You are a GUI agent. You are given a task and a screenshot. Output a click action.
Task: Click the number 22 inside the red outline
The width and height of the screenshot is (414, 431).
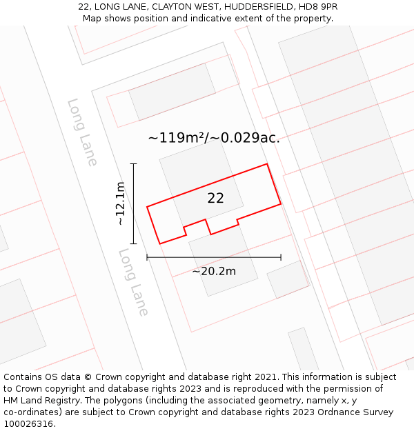click(x=215, y=198)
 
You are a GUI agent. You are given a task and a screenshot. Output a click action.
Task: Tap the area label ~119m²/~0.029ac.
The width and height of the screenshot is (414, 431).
click(x=214, y=138)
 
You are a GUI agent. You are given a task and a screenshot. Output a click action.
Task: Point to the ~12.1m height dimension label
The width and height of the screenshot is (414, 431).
click(x=121, y=203)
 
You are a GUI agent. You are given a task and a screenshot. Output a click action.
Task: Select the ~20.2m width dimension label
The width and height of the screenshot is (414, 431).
click(x=214, y=271)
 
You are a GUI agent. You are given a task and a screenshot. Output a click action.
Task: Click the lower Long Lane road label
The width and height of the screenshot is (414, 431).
click(x=134, y=282)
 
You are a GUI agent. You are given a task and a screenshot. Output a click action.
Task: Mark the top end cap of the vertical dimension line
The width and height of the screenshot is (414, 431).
click(x=134, y=164)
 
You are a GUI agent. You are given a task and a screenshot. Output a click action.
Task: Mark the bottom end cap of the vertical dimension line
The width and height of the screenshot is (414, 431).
click(x=134, y=243)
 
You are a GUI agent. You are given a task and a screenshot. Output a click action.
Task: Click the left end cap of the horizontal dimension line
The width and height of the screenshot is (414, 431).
click(x=147, y=257)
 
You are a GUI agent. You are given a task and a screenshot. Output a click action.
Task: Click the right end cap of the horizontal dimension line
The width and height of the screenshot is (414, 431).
click(x=281, y=257)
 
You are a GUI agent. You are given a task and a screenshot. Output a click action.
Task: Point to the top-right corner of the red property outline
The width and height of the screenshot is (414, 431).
click(x=267, y=164)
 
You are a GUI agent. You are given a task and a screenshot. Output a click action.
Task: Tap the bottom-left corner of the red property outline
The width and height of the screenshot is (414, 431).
click(x=160, y=243)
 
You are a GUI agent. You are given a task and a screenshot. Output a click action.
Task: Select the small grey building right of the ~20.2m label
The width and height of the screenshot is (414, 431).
click(x=288, y=279)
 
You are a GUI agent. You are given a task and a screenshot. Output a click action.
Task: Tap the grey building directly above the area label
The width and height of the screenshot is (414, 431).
click(x=172, y=91)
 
